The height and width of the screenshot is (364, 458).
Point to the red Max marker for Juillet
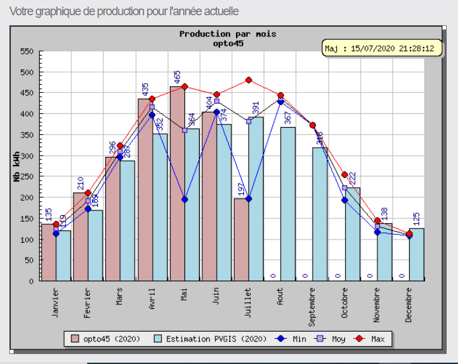[248, 80]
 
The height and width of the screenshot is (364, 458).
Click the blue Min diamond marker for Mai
[184, 199]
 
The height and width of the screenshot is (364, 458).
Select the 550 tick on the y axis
[26, 52]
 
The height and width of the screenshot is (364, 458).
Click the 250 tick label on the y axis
[26, 177]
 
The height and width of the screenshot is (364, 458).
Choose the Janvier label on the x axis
[56, 301]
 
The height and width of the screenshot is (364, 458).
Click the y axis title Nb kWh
[16, 165]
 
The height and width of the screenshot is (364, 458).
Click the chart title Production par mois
[227, 34]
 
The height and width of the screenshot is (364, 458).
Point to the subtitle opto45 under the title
[227, 43]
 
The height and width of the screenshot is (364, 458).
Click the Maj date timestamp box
[383, 48]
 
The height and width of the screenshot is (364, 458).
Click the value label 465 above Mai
[177, 77]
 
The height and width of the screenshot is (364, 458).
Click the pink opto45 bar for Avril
[145, 192]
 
